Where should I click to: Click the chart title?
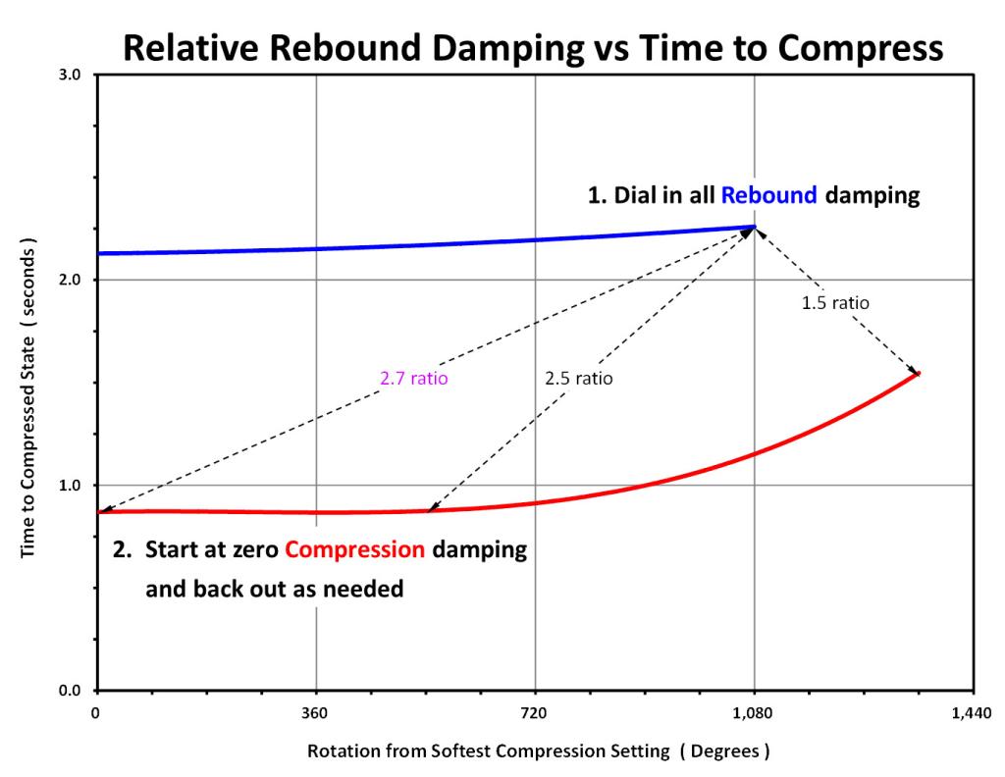tap(533, 47)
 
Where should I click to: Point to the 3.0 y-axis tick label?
tap(70, 75)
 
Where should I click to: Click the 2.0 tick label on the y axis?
tap(70, 280)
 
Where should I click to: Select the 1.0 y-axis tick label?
tap(70, 485)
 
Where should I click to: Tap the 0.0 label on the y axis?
tap(70, 691)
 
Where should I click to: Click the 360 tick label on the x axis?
tap(315, 713)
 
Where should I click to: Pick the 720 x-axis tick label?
tap(534, 713)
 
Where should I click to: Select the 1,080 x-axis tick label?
tap(753, 713)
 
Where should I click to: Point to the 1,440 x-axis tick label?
tap(972, 713)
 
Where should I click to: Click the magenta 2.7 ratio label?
tap(414, 378)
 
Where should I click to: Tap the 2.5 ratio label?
tap(579, 378)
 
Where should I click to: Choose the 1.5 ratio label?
tap(835, 302)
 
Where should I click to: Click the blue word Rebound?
tap(769, 194)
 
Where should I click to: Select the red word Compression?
tap(354, 549)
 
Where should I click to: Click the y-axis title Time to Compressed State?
tap(28, 397)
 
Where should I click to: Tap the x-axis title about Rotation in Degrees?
tap(539, 751)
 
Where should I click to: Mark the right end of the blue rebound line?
tap(755, 227)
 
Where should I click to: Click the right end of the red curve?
tap(919, 373)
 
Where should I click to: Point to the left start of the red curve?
tap(99, 512)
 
